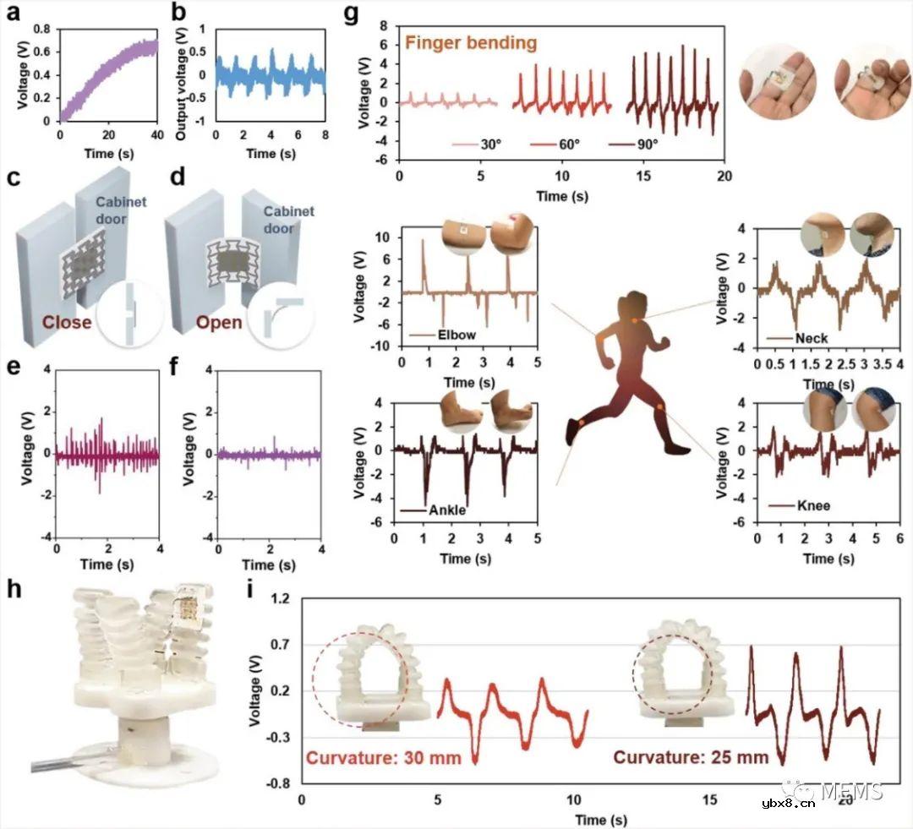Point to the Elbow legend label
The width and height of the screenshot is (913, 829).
click(x=456, y=335)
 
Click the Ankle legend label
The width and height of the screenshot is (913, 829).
click(x=446, y=510)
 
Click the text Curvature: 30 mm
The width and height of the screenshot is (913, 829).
click(x=384, y=757)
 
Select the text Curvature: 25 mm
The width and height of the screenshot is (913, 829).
click(x=691, y=757)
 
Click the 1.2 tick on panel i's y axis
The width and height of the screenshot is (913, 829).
click(x=279, y=599)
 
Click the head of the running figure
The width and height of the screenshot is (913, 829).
click(x=636, y=305)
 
